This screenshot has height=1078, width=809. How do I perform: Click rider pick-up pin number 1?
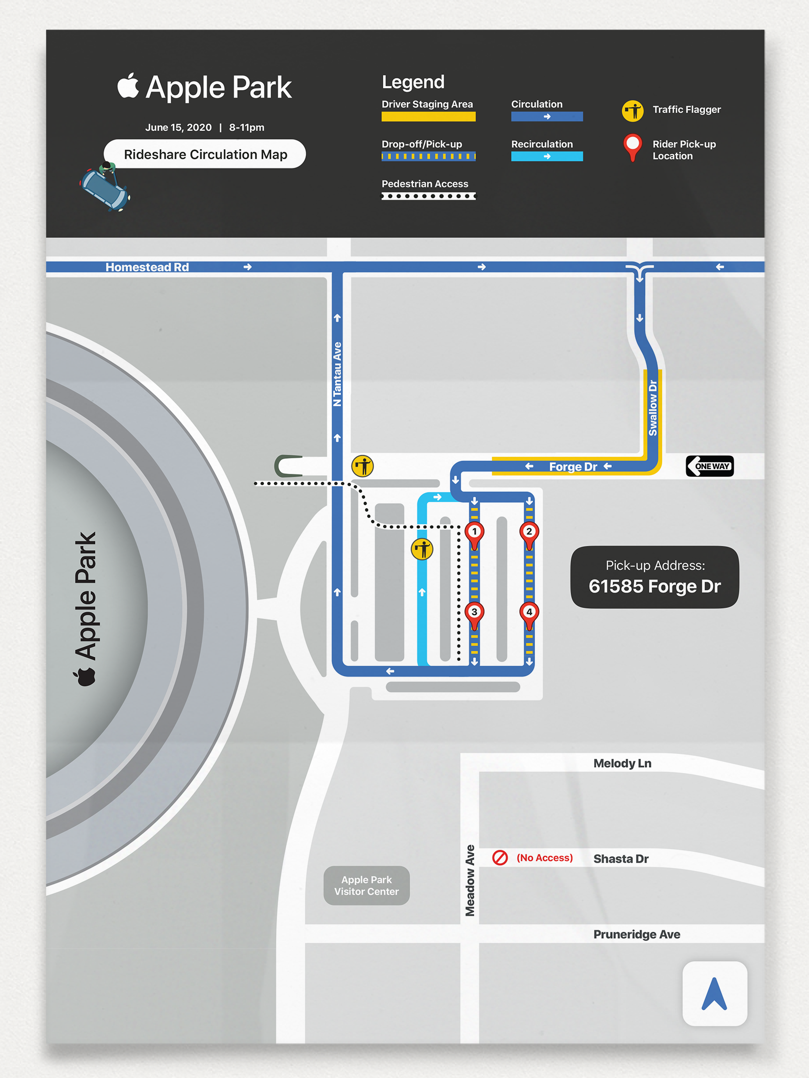pyautogui.click(x=474, y=533)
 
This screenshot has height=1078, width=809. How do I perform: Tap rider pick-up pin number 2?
pyautogui.click(x=529, y=533)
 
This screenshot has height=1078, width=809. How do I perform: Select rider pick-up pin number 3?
pyautogui.click(x=474, y=613)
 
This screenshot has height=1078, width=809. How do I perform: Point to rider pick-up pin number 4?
pyautogui.click(x=529, y=613)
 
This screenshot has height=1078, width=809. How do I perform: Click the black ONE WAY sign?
pyautogui.click(x=710, y=466)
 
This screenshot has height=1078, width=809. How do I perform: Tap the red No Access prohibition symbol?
pyautogui.click(x=500, y=858)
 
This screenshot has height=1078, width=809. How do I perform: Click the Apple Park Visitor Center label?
pyautogui.click(x=367, y=886)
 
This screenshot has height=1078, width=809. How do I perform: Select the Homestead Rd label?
pyautogui.click(x=147, y=267)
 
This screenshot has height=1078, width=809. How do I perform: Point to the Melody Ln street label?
pyautogui.click(x=622, y=763)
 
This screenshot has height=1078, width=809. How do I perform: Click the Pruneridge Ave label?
pyautogui.click(x=637, y=934)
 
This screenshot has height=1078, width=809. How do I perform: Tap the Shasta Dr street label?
pyautogui.click(x=621, y=859)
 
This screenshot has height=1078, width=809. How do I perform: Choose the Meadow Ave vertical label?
pyautogui.click(x=470, y=880)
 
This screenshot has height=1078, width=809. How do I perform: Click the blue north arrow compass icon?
pyautogui.click(x=715, y=993)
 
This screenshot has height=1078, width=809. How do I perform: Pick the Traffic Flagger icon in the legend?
pyautogui.click(x=632, y=111)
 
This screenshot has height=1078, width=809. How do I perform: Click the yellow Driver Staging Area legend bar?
pyautogui.click(x=428, y=117)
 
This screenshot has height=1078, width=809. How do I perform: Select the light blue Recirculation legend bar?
pyautogui.click(x=547, y=157)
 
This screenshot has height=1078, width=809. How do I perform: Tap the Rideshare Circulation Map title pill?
pyautogui.click(x=205, y=154)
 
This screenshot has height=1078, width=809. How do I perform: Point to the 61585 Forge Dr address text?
pyautogui.click(x=654, y=586)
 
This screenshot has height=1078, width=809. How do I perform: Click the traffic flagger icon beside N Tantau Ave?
pyautogui.click(x=363, y=466)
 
